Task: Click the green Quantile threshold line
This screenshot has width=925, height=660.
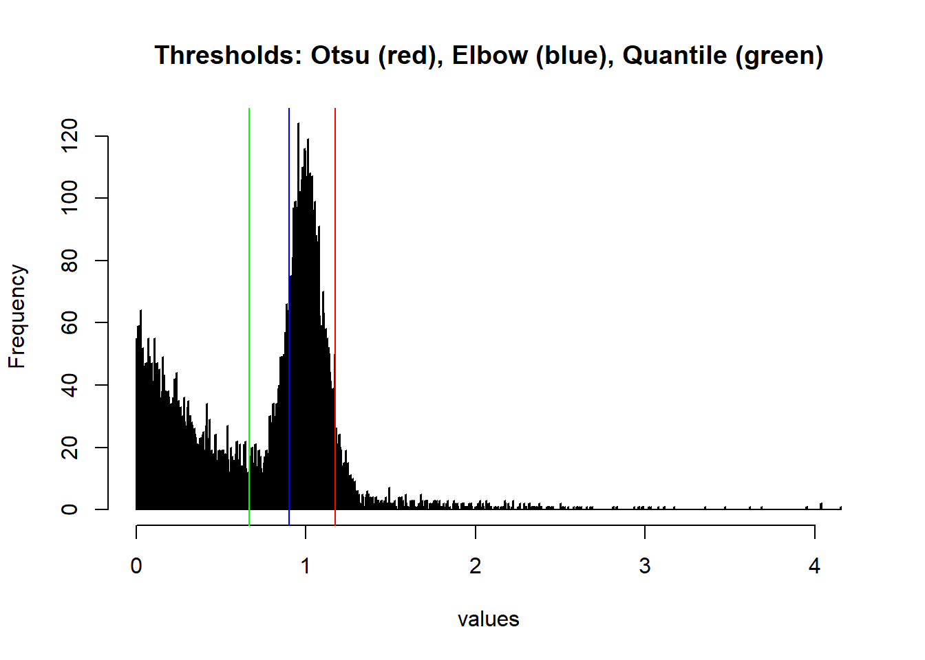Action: coord(249,316)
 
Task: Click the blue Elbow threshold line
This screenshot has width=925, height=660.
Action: coord(289,316)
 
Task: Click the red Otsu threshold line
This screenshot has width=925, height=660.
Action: coord(335,316)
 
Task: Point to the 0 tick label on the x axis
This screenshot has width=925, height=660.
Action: coord(136,566)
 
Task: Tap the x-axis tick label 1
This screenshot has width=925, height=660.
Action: coord(306,566)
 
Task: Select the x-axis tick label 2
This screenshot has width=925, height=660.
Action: coord(476,566)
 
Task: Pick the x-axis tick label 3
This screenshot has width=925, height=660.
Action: coord(645,566)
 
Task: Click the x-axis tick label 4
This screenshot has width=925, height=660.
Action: coord(814,566)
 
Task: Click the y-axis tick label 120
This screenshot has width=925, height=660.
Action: coord(70,135)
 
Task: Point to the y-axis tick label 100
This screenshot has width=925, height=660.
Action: coord(70,198)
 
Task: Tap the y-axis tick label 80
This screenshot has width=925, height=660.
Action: coord(70,261)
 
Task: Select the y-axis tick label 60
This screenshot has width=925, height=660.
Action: coord(70,322)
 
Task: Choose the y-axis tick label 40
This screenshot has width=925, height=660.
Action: coord(70,385)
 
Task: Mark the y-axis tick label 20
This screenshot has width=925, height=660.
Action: coord(70,448)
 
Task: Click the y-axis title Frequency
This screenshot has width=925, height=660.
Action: coord(17,316)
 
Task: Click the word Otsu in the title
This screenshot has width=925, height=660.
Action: coord(340,55)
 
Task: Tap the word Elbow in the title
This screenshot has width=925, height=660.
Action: coord(490,55)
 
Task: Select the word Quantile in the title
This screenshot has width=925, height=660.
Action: coord(674,55)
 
